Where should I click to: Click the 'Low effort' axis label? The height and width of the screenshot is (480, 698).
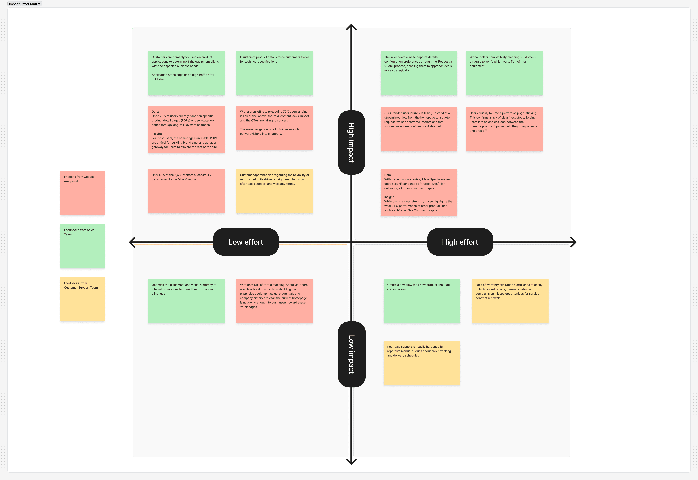pos(246,242)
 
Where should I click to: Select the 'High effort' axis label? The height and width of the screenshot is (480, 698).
pos(460,242)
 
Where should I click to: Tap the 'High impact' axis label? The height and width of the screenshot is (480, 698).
pos(351,143)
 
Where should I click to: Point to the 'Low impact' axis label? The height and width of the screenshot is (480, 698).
pos(352,354)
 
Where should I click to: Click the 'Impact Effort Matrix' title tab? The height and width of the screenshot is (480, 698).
pos(24,4)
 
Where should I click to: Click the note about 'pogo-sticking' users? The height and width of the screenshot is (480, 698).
pos(504,129)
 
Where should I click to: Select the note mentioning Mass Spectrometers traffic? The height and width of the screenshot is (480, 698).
pos(419,193)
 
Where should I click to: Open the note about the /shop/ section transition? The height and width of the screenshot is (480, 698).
pos(186,191)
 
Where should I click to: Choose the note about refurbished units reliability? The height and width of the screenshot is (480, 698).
pos(274,191)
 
